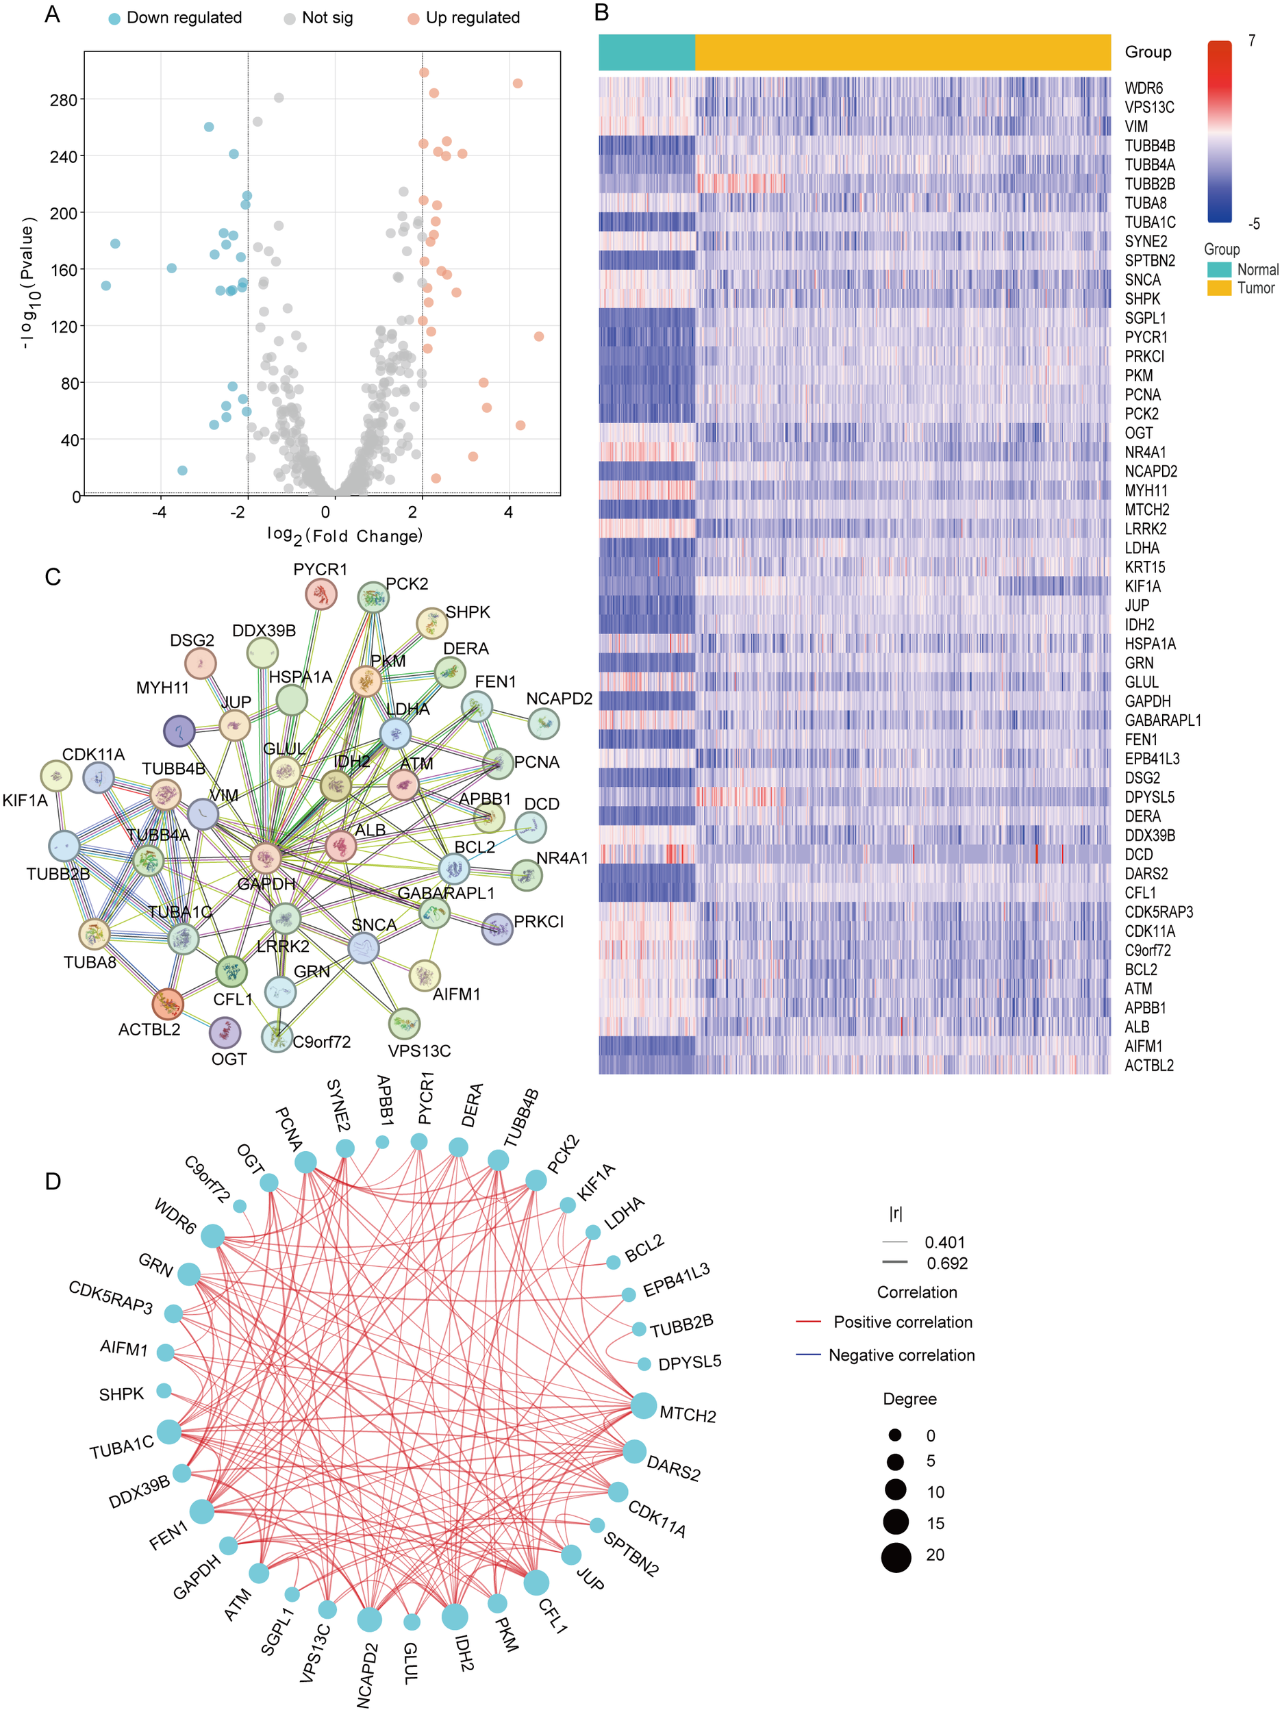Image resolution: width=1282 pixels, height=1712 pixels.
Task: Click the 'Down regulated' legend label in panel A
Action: [x=184, y=18]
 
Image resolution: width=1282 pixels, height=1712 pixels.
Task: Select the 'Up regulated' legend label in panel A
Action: [x=473, y=18]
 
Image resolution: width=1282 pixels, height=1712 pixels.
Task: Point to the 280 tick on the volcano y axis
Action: [x=64, y=100]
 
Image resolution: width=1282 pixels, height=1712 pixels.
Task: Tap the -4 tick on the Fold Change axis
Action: [x=160, y=512]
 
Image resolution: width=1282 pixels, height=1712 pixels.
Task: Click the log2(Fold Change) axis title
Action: [x=344, y=536]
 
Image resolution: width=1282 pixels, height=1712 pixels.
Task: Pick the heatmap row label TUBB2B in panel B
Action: [x=1150, y=184]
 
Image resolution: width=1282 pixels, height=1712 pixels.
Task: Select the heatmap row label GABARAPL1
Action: [x=1162, y=720]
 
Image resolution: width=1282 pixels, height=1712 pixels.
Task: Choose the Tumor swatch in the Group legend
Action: [x=1218, y=288]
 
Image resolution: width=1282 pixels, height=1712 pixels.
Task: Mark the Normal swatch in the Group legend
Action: [x=1218, y=269]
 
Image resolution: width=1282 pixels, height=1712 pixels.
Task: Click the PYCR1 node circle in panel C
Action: [x=320, y=594]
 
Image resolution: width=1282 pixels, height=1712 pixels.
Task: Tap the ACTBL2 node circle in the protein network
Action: [x=168, y=1004]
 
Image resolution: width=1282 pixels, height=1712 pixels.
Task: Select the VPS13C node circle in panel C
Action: [x=404, y=1024]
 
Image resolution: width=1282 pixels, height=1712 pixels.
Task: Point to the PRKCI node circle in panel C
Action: [x=497, y=929]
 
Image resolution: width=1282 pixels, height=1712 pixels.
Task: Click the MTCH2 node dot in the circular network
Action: [x=643, y=1405]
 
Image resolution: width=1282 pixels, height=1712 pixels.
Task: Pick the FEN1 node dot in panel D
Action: [x=201, y=1511]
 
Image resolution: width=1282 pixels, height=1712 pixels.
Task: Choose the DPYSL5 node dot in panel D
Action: [x=644, y=1363]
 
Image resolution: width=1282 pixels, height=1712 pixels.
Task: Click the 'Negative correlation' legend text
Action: [x=901, y=1355]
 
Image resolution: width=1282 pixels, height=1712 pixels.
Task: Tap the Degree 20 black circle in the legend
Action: [x=896, y=1557]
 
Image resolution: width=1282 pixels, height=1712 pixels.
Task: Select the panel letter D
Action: [x=53, y=1181]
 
